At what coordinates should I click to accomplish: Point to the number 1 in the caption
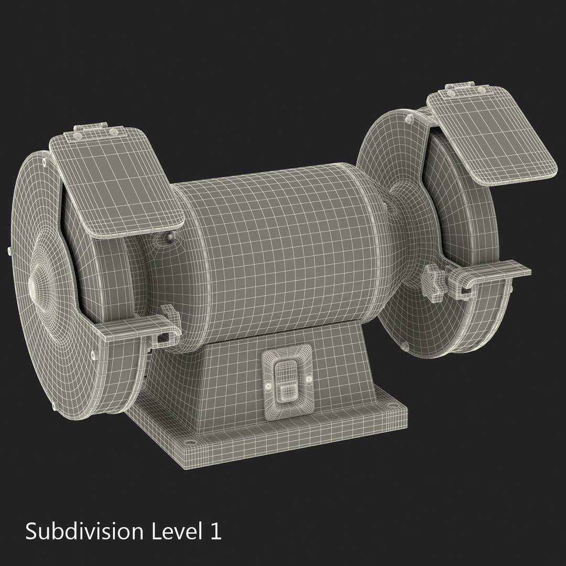tap(215, 531)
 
